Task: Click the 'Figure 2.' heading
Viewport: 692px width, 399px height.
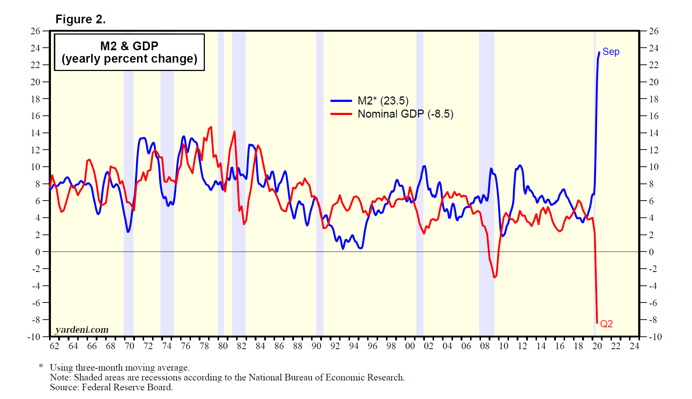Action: pos(80,19)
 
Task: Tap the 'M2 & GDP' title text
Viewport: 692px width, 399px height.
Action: pos(129,46)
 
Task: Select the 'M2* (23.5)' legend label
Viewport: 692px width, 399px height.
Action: pos(383,100)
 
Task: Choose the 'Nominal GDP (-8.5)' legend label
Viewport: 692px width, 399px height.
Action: pos(405,114)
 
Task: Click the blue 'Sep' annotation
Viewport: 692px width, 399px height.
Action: pos(611,52)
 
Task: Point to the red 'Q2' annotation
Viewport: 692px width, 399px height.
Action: pos(606,324)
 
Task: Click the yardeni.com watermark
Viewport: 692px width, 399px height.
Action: pos(82,329)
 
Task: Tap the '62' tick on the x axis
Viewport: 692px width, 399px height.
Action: pos(54,346)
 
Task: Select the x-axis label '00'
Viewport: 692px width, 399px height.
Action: pos(410,346)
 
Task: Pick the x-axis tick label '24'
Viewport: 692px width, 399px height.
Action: pos(634,346)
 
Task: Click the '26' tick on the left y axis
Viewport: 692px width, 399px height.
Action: pos(35,31)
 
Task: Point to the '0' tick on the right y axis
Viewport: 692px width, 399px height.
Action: pos(651,252)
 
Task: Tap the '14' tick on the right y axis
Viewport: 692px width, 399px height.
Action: pos(653,133)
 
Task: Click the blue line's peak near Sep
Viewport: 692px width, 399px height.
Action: pos(599,52)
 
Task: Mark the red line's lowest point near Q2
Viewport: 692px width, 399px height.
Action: pos(597,323)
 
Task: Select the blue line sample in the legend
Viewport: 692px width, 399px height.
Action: pos(341,101)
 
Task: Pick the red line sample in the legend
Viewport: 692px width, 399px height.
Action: pos(341,114)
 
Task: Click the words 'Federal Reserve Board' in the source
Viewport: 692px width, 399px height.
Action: pos(127,387)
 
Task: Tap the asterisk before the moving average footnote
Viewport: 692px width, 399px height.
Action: pos(41,366)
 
